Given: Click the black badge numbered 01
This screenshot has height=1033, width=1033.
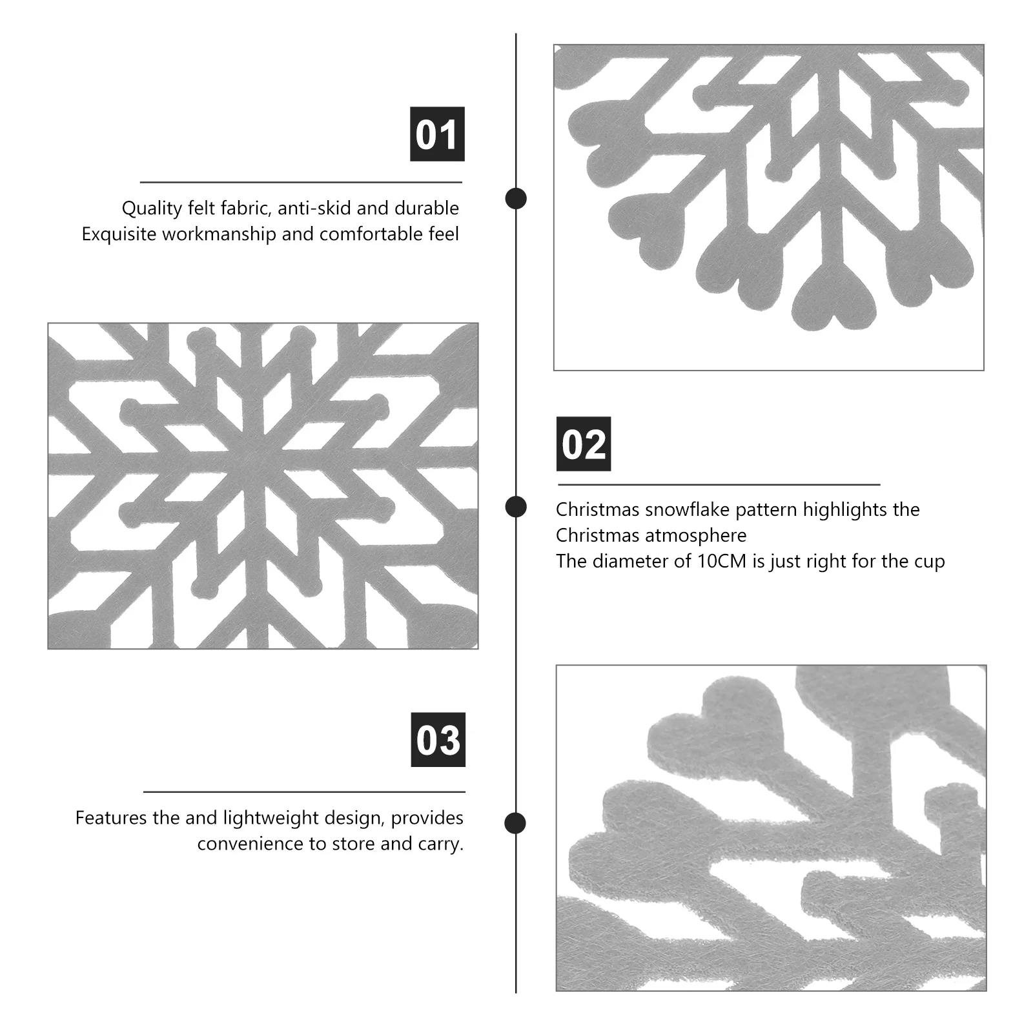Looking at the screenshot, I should [x=437, y=134].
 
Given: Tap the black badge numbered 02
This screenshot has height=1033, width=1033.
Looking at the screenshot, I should [x=584, y=444].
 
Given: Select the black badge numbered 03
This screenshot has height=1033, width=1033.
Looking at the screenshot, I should [x=438, y=740].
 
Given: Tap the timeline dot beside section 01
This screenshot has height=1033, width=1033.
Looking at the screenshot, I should [x=516, y=198].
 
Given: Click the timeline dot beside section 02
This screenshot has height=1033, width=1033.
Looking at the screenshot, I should [x=516, y=507].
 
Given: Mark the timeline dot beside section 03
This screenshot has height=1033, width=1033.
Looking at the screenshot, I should [x=515, y=823].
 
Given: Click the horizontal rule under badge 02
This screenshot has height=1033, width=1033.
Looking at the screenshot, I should [x=719, y=484].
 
